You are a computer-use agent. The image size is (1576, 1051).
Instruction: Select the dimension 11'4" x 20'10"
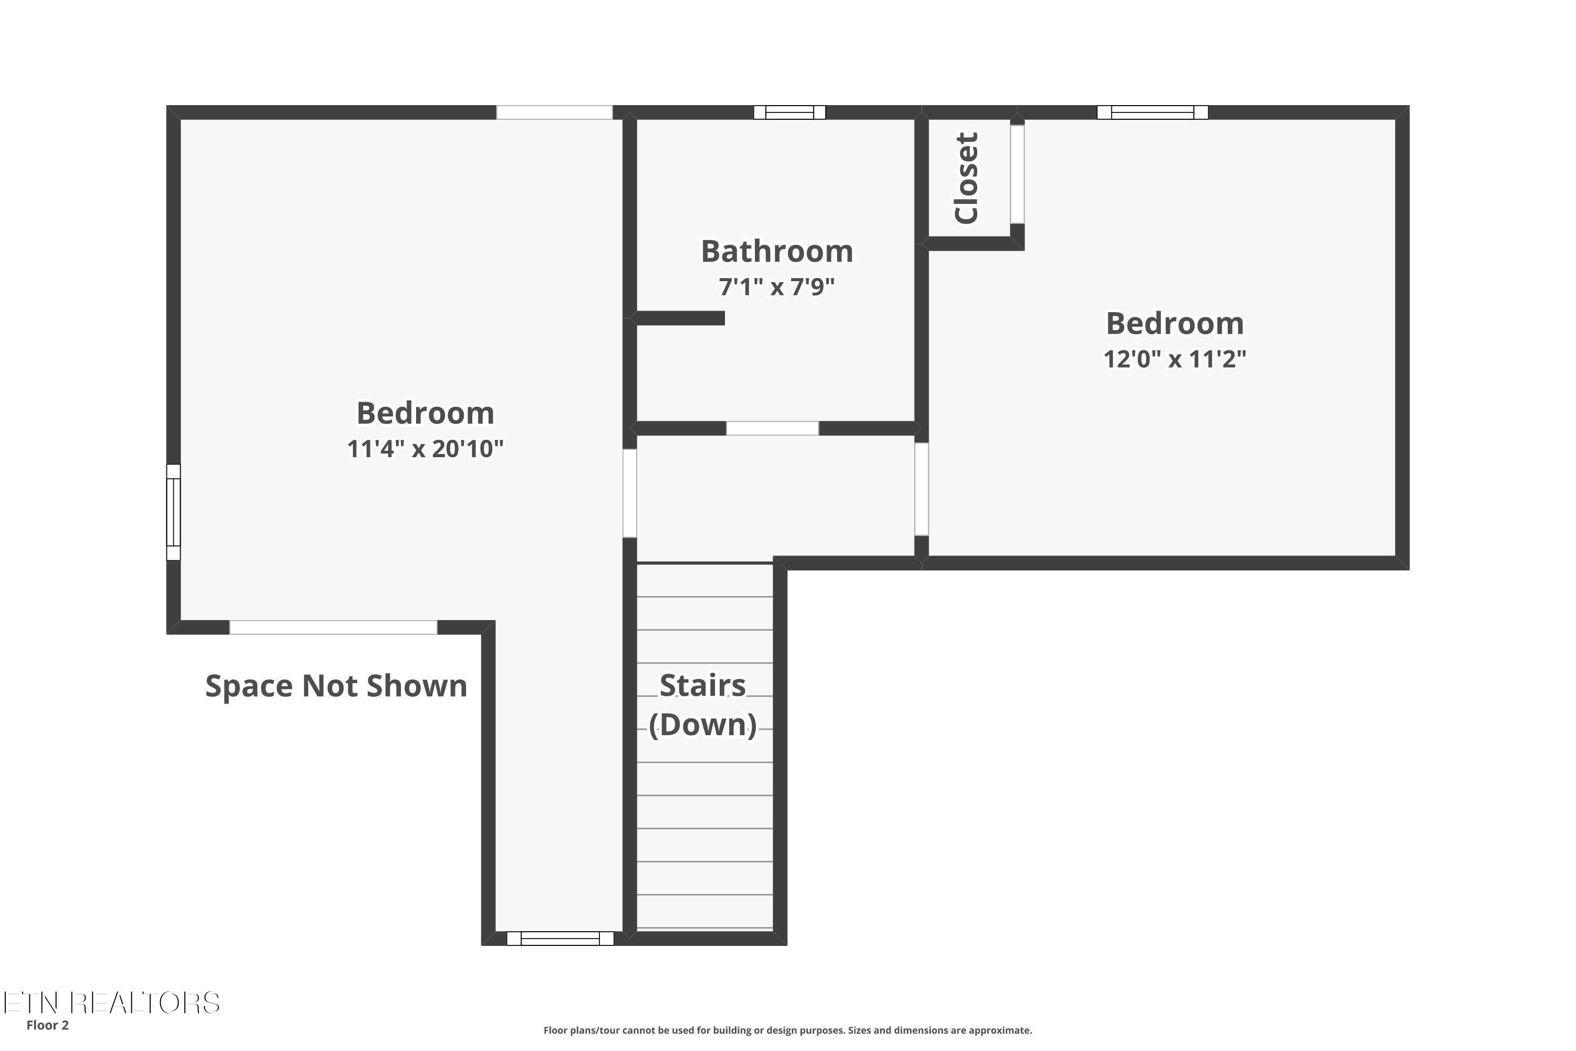425,448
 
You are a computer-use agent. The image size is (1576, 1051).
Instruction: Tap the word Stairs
702,685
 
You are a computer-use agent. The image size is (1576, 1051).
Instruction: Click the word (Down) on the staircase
702,725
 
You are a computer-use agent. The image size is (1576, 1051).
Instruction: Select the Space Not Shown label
336,686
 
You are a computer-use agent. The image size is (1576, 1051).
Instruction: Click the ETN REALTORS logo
111,1003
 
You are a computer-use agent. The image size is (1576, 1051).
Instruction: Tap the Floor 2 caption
48,1025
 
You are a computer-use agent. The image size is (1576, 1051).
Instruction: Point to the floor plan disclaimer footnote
787,1030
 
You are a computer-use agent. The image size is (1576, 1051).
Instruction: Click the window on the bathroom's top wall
790,112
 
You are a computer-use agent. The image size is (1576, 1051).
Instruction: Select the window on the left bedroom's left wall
173,512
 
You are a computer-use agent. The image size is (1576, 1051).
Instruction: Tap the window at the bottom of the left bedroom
560,939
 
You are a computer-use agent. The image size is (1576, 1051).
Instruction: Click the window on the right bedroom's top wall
1153,112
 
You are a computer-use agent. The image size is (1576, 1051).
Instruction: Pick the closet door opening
1017,174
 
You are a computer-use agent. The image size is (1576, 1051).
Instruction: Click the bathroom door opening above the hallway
773,428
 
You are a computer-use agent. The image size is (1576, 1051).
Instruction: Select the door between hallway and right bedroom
922,489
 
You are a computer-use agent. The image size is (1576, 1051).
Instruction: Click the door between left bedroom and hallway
630,493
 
